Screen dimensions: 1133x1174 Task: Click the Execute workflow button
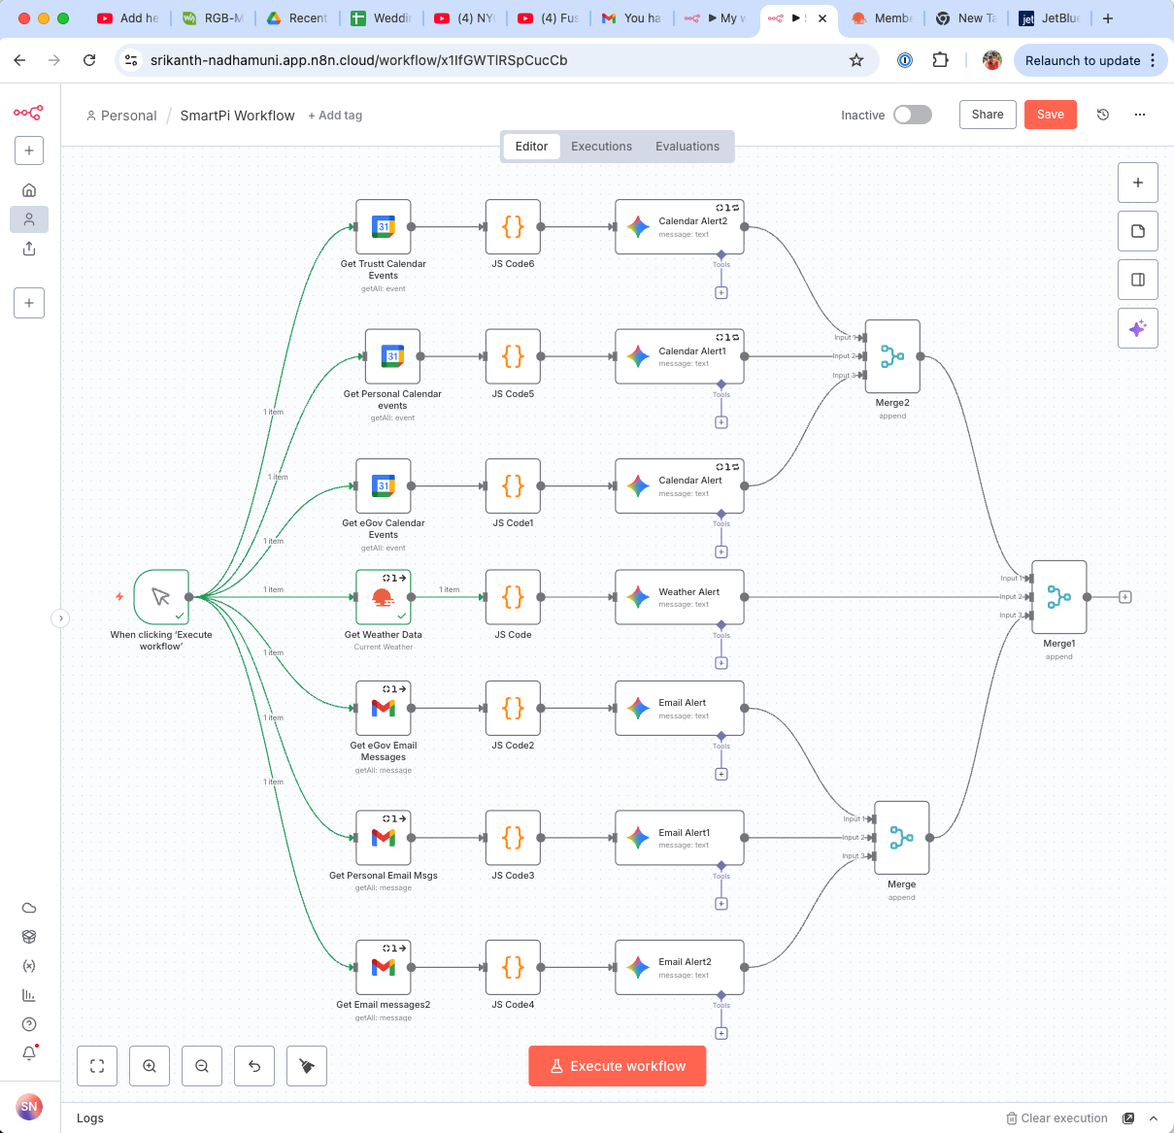617,1066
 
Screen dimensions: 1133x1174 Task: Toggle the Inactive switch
912,115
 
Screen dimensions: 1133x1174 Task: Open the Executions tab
601,147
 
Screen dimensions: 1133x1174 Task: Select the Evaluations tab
687,147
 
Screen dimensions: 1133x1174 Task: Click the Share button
987,115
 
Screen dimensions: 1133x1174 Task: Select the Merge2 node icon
891,356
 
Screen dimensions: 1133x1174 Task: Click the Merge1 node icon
1058,597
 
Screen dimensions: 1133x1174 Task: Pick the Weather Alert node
679,597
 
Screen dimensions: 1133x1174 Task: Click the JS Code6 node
513,227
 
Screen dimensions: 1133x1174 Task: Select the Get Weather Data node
384,597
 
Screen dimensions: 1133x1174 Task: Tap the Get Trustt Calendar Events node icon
384,227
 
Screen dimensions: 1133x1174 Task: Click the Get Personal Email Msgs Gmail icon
384,837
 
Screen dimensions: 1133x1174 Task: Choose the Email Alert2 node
679,967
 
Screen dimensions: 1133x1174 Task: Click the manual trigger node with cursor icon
161,597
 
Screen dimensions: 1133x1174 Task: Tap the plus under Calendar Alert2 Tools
721,292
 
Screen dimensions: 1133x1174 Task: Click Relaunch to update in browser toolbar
1082,60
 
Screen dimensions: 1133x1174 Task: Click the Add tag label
335,116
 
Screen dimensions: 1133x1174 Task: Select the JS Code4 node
513,967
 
